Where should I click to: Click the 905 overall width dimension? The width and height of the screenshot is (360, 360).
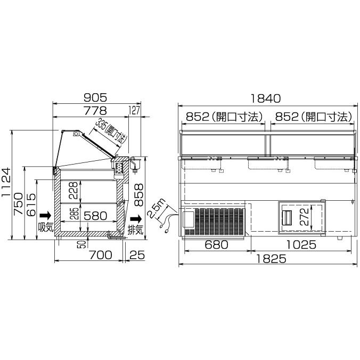[x=96, y=97]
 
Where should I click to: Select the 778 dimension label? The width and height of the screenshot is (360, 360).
[x=96, y=110]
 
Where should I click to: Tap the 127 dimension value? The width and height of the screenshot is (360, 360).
[x=135, y=110]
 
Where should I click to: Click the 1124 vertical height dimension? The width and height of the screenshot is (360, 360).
[x=6, y=184]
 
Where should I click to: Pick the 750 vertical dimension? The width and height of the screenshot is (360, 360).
[x=19, y=205]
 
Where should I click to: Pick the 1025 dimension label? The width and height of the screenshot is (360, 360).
[x=300, y=245]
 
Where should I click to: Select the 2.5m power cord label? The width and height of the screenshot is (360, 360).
[x=158, y=209]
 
